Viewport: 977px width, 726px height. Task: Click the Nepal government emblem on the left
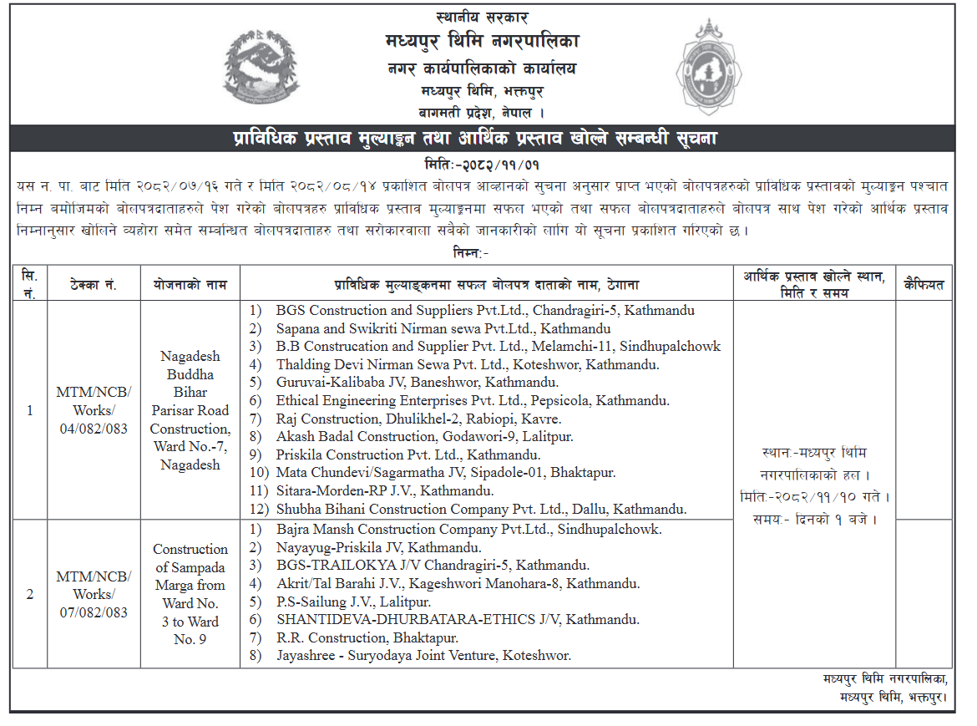click(x=260, y=66)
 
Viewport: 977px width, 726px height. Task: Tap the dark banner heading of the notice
click(x=482, y=138)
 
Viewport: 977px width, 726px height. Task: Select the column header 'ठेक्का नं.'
click(x=94, y=285)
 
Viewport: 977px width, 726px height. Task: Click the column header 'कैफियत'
click(x=924, y=285)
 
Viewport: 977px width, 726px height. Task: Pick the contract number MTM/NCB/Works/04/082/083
click(x=94, y=410)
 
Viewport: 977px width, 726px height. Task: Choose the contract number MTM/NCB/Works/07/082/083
click(x=94, y=594)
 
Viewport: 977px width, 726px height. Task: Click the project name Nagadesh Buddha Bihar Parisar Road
click(x=190, y=410)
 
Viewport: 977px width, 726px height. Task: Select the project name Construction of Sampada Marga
click(x=190, y=594)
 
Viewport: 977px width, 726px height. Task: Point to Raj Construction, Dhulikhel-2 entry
click(x=418, y=419)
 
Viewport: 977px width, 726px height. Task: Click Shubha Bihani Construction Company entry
click(x=481, y=509)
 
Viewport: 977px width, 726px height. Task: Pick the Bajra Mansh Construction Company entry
click(x=468, y=530)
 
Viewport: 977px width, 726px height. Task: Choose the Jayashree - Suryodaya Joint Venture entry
click(x=423, y=656)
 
